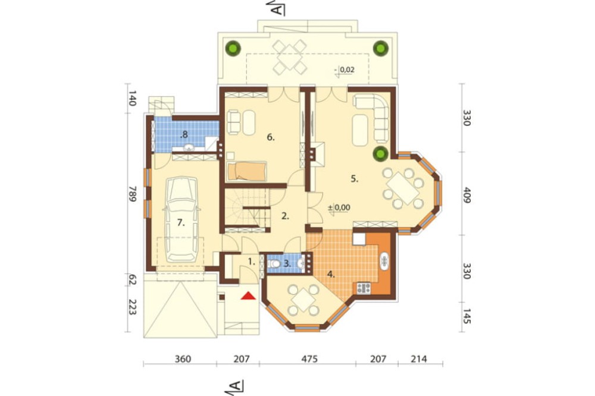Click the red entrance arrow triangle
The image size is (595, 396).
[x=248, y=296]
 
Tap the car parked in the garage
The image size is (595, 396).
[x=183, y=219]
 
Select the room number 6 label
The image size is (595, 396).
[x=270, y=137]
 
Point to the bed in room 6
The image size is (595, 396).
[x=247, y=171]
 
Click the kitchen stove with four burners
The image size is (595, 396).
[x=364, y=288]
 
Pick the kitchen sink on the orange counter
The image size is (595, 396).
[x=384, y=261]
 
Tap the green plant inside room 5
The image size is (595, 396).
[x=381, y=153]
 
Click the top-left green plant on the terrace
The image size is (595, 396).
[x=233, y=48]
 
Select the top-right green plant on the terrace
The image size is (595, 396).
[x=381, y=48]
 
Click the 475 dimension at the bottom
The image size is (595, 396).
[x=309, y=359]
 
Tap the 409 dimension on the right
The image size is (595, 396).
[x=466, y=195]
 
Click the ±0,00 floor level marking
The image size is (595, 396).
[x=339, y=208]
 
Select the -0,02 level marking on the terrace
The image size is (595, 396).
[x=345, y=70]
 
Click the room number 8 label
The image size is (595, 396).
[x=184, y=134]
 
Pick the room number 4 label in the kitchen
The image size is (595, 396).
[x=331, y=274]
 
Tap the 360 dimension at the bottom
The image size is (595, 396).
[x=183, y=359]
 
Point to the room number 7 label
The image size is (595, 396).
[x=181, y=223]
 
